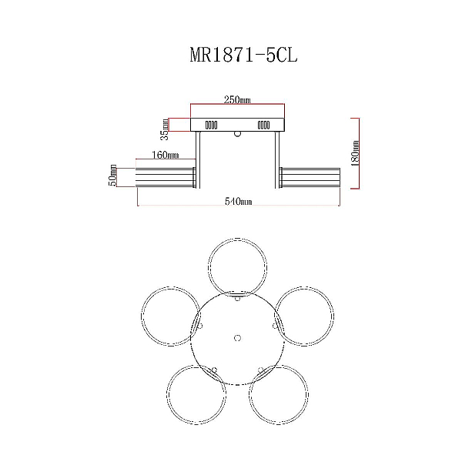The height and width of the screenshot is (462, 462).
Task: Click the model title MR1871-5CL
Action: coord(243,55)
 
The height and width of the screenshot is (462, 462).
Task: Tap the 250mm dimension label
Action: coord(237,100)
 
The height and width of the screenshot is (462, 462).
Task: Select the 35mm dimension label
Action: coord(165,129)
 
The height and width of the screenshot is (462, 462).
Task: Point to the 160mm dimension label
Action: coord(165,155)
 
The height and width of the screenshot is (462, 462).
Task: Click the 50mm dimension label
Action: coord(112,176)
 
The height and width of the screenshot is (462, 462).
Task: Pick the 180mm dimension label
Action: coord(355,153)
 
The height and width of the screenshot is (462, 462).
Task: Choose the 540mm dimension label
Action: coord(239,201)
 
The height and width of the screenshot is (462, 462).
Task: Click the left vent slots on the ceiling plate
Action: coord(211,126)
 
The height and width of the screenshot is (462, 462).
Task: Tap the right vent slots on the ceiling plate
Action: coord(263,126)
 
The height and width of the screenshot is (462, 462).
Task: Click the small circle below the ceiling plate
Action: coord(237,134)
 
